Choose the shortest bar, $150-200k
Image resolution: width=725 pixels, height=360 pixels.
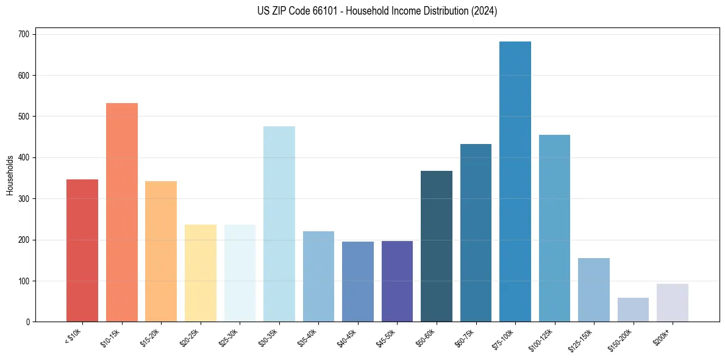pyautogui.click(x=633, y=310)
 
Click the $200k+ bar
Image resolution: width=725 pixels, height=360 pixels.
pyautogui.click(x=673, y=303)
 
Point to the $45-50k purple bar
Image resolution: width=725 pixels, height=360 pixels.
pyautogui.click(x=397, y=281)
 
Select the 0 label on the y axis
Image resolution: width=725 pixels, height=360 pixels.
pyautogui.click(x=29, y=322)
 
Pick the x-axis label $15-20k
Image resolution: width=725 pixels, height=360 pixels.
pyautogui.click(x=150, y=336)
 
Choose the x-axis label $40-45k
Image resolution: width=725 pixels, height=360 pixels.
pyautogui.click(x=346, y=336)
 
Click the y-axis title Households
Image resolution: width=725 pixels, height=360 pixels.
pyautogui.click(x=10, y=175)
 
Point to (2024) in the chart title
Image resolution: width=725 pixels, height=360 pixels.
pyautogui.click(x=485, y=11)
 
